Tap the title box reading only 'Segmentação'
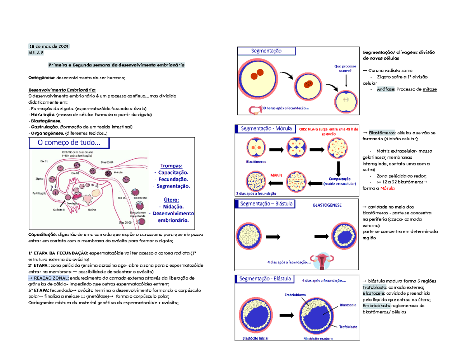[x=266, y=51]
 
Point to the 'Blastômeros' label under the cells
[x=256, y=162]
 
